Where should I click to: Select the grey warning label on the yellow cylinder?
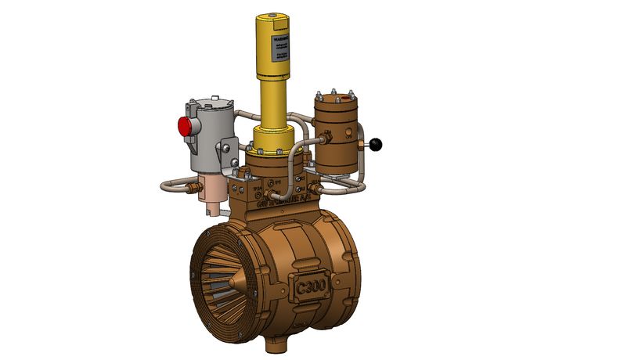coord(280,45)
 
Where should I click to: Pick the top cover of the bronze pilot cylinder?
coord(335,100)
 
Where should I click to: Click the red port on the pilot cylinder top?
coord(344,99)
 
